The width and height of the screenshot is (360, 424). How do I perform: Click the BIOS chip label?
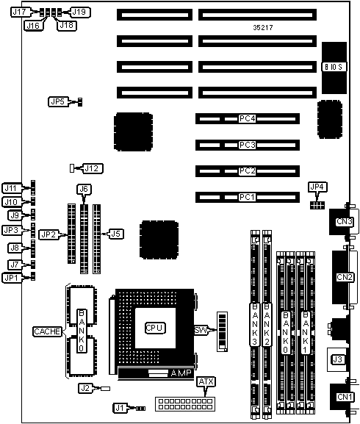(x=334, y=67)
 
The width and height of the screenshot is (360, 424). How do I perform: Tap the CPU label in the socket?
(x=155, y=328)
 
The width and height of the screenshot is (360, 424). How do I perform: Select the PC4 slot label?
(x=248, y=119)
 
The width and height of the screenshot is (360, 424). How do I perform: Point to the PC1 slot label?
(x=248, y=197)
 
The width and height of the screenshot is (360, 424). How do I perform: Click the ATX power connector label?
(x=206, y=382)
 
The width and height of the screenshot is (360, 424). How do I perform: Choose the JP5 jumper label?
(x=58, y=101)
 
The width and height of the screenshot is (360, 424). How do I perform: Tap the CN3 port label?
(x=345, y=222)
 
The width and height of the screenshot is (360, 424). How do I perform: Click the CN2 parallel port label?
(x=345, y=277)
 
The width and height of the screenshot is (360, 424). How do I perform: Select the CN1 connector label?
(x=345, y=397)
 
